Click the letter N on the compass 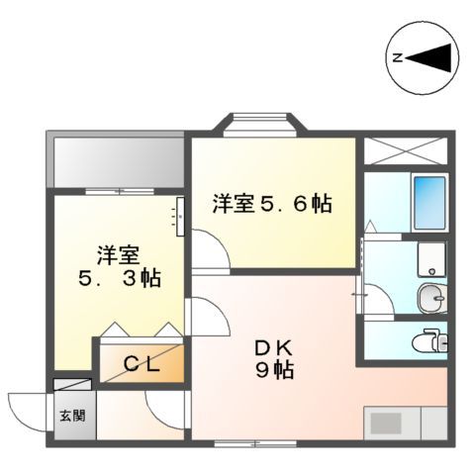397,57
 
